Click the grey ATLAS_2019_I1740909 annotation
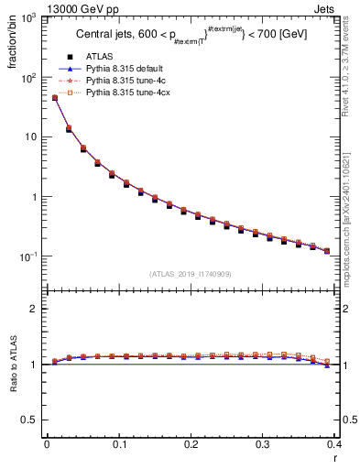[191, 274]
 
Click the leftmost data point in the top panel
[54, 98]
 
